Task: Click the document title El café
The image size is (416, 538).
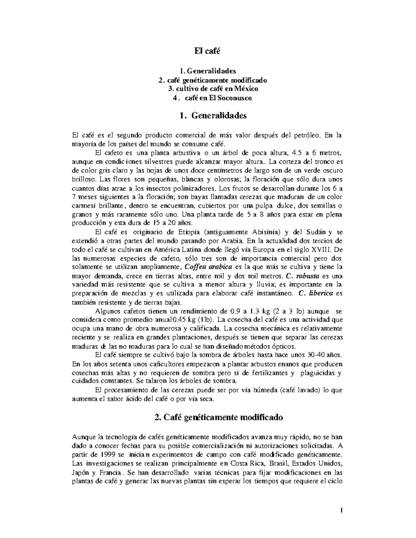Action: click(207, 51)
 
